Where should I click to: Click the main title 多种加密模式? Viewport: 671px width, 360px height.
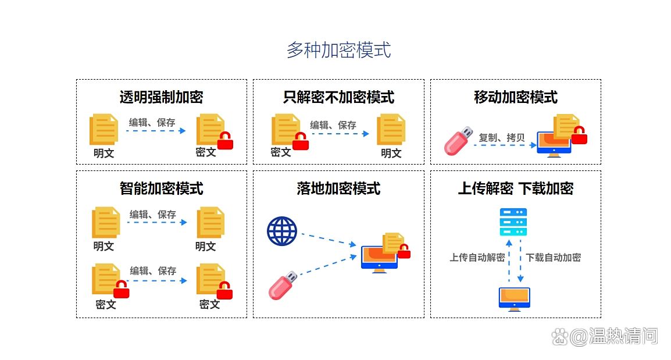[338, 50]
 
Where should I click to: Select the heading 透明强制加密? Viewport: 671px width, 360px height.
[161, 97]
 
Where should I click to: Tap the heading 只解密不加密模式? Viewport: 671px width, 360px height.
[338, 97]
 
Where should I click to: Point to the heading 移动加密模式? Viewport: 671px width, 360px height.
[516, 97]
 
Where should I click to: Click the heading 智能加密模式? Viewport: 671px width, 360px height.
[161, 188]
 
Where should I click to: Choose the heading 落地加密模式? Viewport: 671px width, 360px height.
[338, 188]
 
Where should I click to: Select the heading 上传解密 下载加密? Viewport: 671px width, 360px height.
[516, 188]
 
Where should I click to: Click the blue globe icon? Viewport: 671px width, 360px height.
[282, 231]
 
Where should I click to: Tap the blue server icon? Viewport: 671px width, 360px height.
[513, 222]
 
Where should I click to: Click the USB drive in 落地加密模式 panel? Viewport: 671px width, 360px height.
[283, 285]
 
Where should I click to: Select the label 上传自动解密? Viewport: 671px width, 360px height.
[477, 258]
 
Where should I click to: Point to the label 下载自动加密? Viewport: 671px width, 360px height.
[553, 258]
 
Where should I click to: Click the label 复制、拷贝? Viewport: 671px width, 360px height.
[501, 138]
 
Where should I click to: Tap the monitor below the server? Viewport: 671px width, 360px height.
[515, 298]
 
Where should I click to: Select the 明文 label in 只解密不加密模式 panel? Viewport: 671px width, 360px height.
[391, 153]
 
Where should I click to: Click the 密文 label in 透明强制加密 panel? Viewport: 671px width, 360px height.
[206, 152]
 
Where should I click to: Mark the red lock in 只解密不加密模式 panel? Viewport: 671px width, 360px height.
[301, 141]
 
